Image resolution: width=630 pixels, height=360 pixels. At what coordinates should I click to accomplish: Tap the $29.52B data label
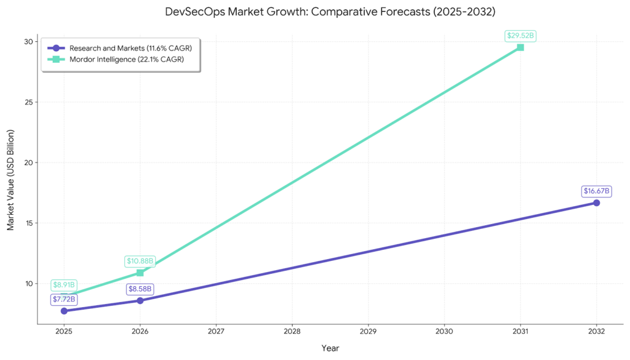(x=520, y=36)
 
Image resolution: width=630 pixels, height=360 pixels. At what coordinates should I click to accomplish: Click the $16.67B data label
(x=596, y=191)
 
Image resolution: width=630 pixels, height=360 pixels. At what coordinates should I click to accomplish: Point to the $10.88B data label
(x=140, y=261)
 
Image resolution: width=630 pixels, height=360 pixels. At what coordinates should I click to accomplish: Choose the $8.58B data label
(x=140, y=289)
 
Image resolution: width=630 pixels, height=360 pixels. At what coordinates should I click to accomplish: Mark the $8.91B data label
(x=64, y=285)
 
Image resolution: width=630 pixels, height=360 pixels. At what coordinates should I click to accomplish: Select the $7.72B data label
(x=64, y=299)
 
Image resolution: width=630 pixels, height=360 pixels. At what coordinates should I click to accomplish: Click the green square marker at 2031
(x=520, y=47)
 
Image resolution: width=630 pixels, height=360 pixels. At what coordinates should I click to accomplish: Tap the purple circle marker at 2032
(x=596, y=202)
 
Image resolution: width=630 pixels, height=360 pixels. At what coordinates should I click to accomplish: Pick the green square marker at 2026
(x=140, y=273)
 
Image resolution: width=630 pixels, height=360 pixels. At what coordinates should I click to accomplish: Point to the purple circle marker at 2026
(x=140, y=300)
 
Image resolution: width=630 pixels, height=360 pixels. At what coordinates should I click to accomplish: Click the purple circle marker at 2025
(x=64, y=311)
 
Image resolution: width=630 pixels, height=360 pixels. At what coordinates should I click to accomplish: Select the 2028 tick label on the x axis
(x=292, y=331)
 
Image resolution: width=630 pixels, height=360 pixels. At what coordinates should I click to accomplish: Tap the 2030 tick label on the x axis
(x=444, y=331)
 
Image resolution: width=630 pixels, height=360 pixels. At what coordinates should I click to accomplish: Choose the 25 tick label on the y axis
(x=28, y=102)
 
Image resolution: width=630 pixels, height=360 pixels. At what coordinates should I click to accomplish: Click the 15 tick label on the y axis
(x=28, y=223)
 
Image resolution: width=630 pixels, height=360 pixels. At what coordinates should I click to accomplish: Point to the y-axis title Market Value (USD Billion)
(x=10, y=179)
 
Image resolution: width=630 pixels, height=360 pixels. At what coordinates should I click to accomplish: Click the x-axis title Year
(x=330, y=348)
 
